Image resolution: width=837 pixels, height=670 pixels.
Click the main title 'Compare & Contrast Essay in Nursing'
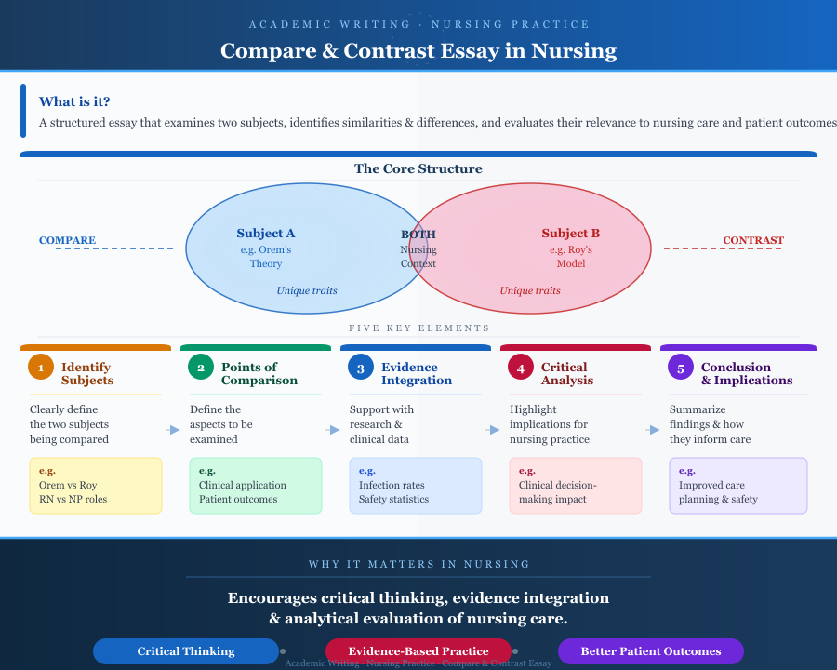click(x=418, y=50)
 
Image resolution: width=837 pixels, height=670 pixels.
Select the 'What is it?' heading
click(x=81, y=101)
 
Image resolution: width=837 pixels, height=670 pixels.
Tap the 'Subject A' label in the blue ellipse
click(x=266, y=234)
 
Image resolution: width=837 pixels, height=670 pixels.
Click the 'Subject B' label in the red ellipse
click(x=571, y=234)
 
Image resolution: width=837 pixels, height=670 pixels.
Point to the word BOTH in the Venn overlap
click(x=418, y=234)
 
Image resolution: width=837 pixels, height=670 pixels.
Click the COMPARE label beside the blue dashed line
click(x=67, y=240)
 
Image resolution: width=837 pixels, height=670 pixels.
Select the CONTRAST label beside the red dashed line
click(x=753, y=240)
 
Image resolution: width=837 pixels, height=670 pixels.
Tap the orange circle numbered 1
click(x=41, y=367)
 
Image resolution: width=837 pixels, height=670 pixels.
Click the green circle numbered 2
click(x=201, y=367)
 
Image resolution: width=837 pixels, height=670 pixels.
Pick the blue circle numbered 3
click(x=361, y=367)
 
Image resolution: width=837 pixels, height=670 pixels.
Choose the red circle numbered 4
click(x=521, y=367)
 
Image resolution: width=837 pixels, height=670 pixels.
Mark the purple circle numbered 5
click(x=681, y=367)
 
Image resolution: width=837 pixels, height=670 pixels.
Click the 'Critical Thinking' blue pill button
click(x=186, y=651)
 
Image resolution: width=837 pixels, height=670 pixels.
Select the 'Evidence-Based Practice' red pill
click(x=418, y=651)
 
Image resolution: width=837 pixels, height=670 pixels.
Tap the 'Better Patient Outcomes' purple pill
click(x=651, y=651)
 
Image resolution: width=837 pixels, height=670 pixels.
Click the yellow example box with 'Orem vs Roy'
click(x=96, y=485)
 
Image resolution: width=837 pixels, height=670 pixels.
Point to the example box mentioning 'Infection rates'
click(x=416, y=485)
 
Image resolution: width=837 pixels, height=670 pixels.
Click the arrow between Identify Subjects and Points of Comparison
click(x=174, y=430)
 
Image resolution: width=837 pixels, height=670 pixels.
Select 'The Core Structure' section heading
click(x=418, y=169)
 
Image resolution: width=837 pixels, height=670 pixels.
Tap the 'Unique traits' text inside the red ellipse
click(x=530, y=290)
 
